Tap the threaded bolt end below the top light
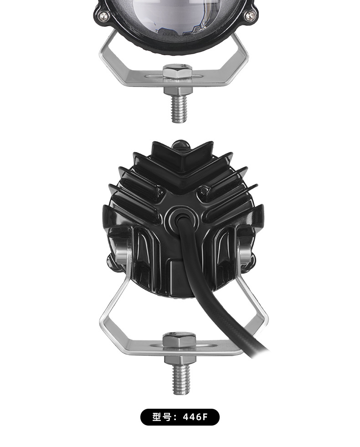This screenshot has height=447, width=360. (x=179, y=109)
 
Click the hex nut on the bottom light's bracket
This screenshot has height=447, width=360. (x=179, y=341)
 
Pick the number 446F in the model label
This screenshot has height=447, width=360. (x=195, y=417)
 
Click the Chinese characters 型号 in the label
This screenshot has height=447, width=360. (x=162, y=417)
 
